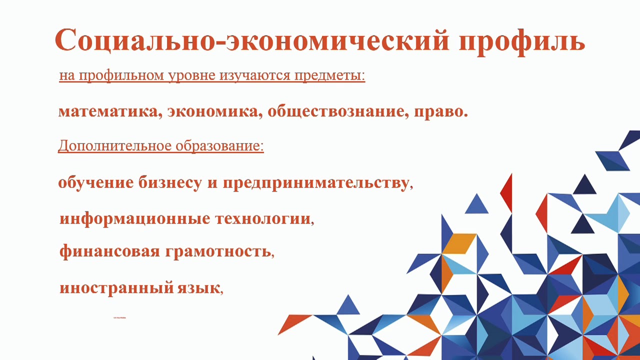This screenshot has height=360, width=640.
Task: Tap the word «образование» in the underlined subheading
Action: coord(218,146)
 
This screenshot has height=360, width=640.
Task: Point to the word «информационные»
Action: coord(134,219)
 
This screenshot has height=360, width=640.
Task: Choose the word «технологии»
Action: coord(262,219)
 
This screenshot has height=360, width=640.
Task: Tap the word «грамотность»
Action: coord(218,250)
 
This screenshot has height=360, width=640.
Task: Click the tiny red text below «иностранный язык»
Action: coord(120,317)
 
